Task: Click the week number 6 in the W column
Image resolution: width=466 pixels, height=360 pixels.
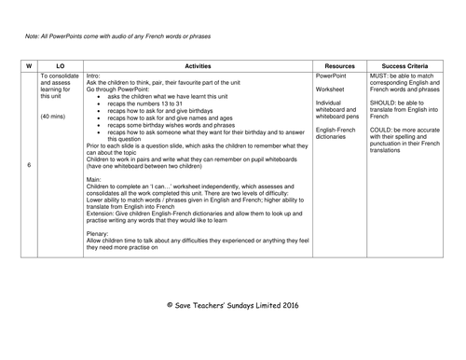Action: (29, 165)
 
